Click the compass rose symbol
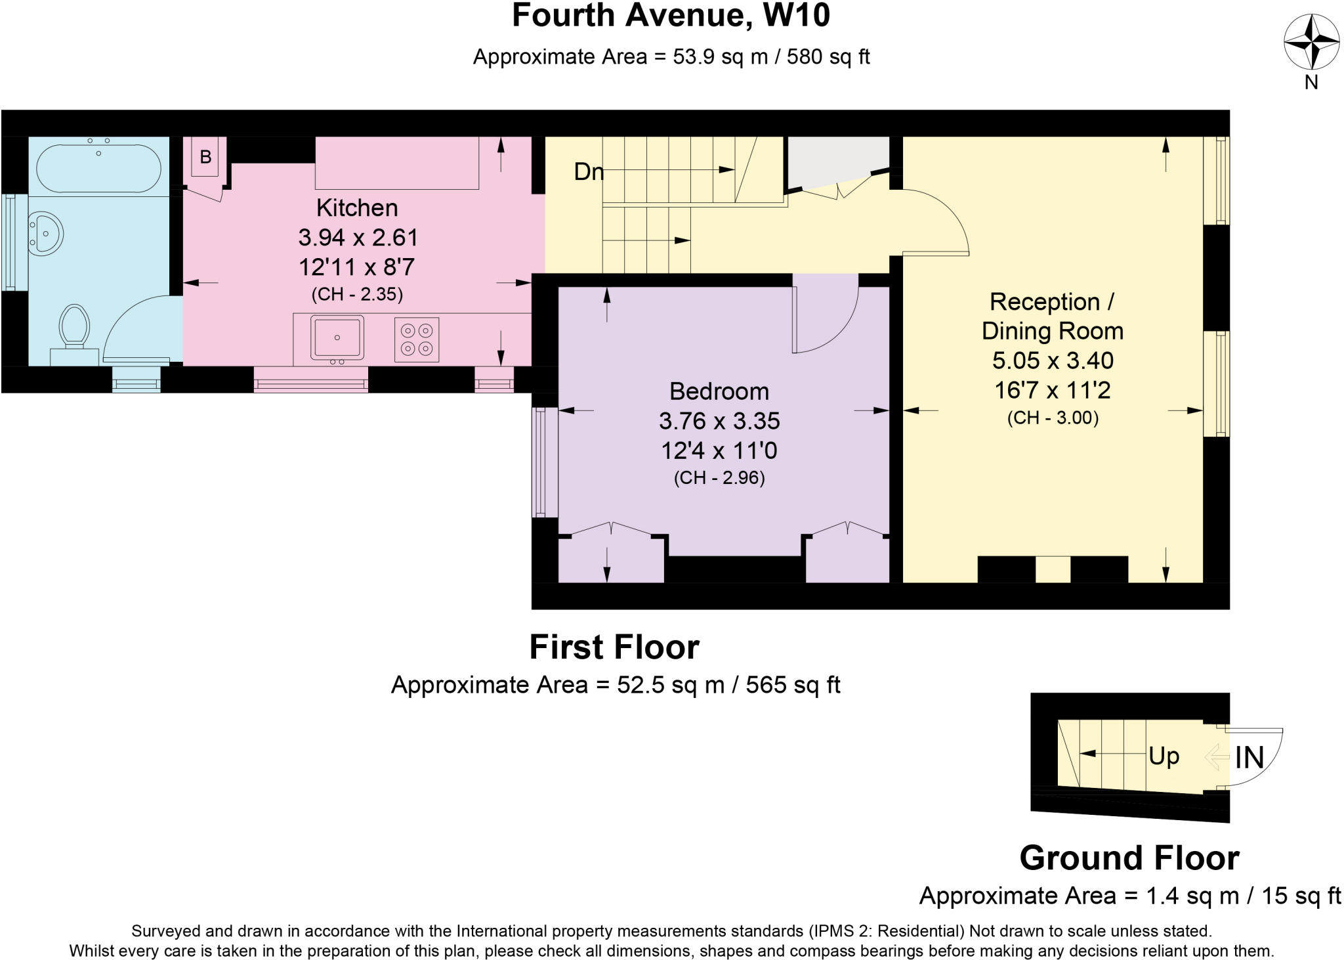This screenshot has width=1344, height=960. pyautogui.click(x=1311, y=41)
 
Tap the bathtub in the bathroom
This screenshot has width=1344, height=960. pyautogui.click(x=98, y=168)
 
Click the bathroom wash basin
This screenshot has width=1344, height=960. pyautogui.click(x=46, y=233)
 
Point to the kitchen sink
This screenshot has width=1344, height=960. pyautogui.click(x=337, y=338)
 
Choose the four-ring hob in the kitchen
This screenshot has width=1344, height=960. pyautogui.click(x=417, y=339)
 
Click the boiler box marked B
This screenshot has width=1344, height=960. pyautogui.click(x=205, y=157)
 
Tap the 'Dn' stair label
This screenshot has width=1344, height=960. pyautogui.click(x=589, y=172)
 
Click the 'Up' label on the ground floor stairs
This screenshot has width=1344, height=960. pyautogui.click(x=1164, y=756)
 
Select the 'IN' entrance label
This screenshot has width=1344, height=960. pyautogui.click(x=1249, y=758)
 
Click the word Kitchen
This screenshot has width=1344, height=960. pyautogui.click(x=357, y=207)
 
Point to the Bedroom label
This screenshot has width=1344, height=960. pyautogui.click(x=719, y=391)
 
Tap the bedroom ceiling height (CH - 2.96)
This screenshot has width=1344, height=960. pyautogui.click(x=719, y=477)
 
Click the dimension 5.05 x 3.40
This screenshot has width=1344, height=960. pyautogui.click(x=1053, y=360)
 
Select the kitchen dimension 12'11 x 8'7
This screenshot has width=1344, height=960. pyautogui.click(x=357, y=267)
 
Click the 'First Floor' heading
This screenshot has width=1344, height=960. pyautogui.click(x=614, y=647)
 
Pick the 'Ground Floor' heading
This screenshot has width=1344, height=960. pyautogui.click(x=1129, y=858)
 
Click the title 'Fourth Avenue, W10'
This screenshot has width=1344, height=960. pyautogui.click(x=671, y=16)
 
